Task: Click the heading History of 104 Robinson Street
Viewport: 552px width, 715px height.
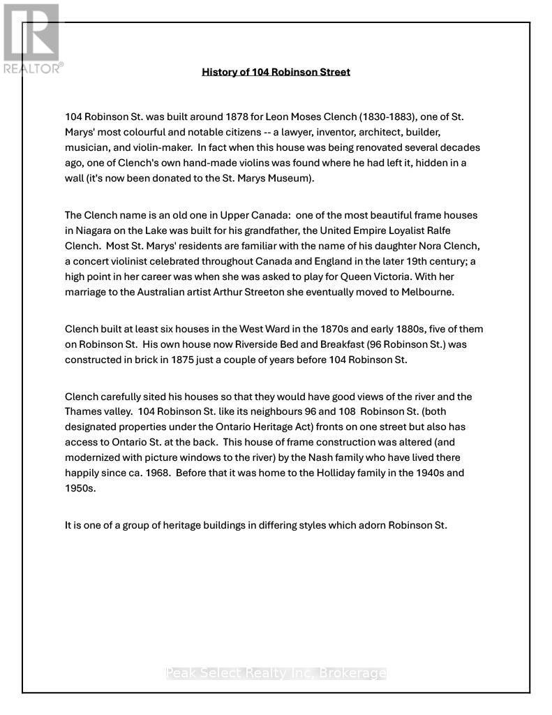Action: (276, 72)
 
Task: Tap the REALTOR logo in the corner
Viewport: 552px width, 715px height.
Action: (32, 39)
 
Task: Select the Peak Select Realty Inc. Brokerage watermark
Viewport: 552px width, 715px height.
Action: (276, 673)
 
